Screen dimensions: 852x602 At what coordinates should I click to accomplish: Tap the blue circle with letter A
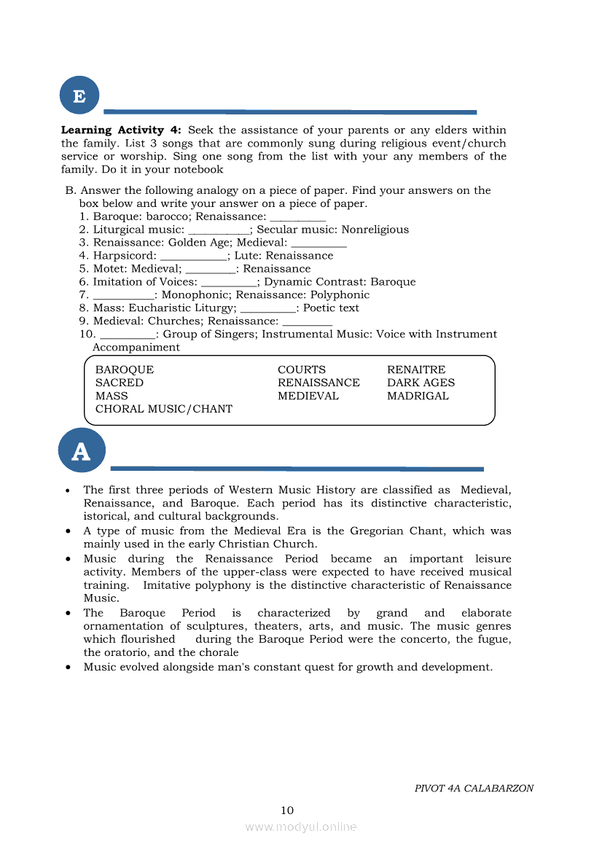click(x=81, y=451)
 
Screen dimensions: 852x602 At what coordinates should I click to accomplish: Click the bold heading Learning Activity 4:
click(x=121, y=130)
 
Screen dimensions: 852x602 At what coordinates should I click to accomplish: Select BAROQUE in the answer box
click(x=125, y=370)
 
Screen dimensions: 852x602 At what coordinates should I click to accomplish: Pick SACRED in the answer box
click(x=120, y=383)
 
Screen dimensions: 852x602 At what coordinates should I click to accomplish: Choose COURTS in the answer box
click(x=302, y=370)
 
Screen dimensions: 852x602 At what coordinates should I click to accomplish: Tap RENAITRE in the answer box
click(x=416, y=370)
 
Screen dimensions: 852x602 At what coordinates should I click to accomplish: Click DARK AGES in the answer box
click(x=421, y=383)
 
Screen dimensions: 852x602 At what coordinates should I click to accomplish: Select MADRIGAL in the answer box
click(x=418, y=396)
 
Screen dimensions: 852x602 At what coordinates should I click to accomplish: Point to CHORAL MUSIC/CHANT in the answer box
click(x=164, y=409)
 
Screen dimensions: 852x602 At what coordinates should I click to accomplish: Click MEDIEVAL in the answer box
click(x=308, y=396)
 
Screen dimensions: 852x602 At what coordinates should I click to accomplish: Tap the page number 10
click(x=287, y=810)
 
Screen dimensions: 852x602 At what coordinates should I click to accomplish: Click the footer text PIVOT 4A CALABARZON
click(x=474, y=788)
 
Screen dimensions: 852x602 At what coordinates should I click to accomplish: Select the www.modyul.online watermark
click(x=301, y=826)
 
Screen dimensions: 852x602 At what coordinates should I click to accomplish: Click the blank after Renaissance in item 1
click(x=297, y=217)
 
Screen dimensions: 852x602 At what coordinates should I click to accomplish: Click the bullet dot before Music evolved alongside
click(x=67, y=667)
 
